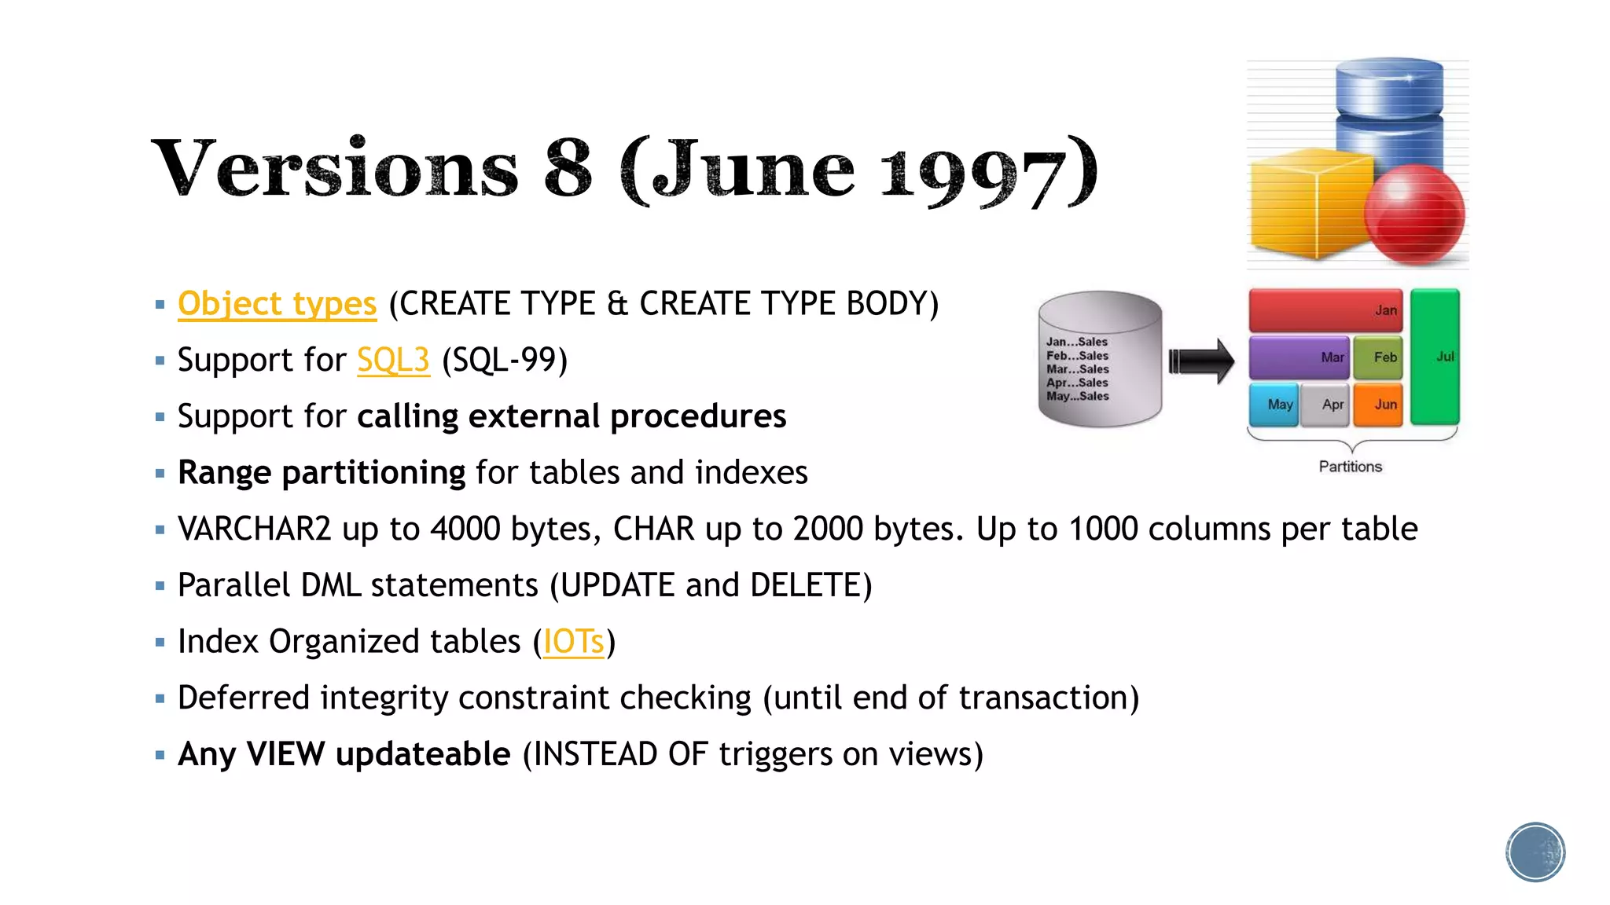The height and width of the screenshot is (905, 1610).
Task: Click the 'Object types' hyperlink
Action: pyautogui.click(x=277, y=304)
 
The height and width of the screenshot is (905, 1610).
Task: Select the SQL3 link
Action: pyautogui.click(x=393, y=361)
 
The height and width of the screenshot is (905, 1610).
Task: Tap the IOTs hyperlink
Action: pyautogui.click(x=573, y=642)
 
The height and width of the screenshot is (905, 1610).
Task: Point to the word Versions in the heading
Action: pyautogui.click(x=335, y=169)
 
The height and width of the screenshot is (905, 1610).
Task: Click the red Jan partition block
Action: pyautogui.click(x=1325, y=310)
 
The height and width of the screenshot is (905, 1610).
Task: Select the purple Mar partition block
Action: pyautogui.click(x=1298, y=357)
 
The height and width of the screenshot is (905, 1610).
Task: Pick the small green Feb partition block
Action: pyautogui.click(x=1378, y=357)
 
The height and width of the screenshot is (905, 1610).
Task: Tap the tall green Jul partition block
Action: pyautogui.click(x=1435, y=357)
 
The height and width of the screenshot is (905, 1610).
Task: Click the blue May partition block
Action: pyautogui.click(x=1274, y=404)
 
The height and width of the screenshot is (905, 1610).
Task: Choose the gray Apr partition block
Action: pyautogui.click(x=1325, y=404)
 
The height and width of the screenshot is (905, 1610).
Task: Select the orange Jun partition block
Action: pyautogui.click(x=1378, y=404)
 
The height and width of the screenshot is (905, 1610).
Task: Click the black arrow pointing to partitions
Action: pyautogui.click(x=1201, y=361)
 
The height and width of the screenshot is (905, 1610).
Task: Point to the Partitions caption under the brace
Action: pyautogui.click(x=1350, y=467)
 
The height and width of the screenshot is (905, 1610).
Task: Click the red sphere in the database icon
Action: pyautogui.click(x=1414, y=214)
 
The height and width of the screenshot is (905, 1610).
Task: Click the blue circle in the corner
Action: pyautogui.click(x=1535, y=852)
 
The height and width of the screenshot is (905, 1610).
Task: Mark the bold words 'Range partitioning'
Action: pyautogui.click(x=322, y=473)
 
